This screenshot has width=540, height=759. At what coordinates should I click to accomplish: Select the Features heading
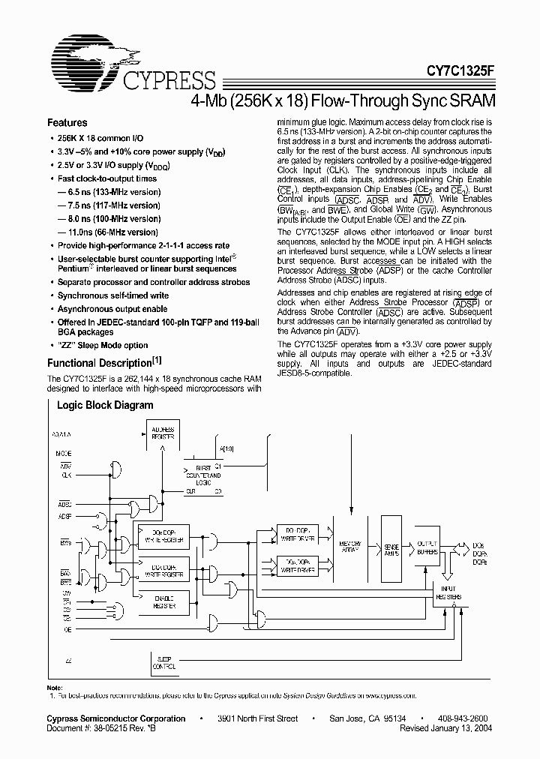(x=67, y=123)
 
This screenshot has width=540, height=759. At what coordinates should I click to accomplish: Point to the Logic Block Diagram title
(x=106, y=406)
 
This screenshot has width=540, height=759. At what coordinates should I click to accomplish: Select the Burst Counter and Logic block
(x=202, y=475)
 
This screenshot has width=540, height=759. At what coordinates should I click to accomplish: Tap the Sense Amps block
(x=391, y=550)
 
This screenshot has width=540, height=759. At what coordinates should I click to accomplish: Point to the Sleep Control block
(x=163, y=663)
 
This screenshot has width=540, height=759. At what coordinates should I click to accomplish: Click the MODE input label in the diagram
(x=64, y=454)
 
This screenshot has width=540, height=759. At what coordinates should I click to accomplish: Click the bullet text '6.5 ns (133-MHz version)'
(x=112, y=192)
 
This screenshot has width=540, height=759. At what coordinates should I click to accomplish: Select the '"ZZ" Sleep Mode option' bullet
(x=103, y=346)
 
